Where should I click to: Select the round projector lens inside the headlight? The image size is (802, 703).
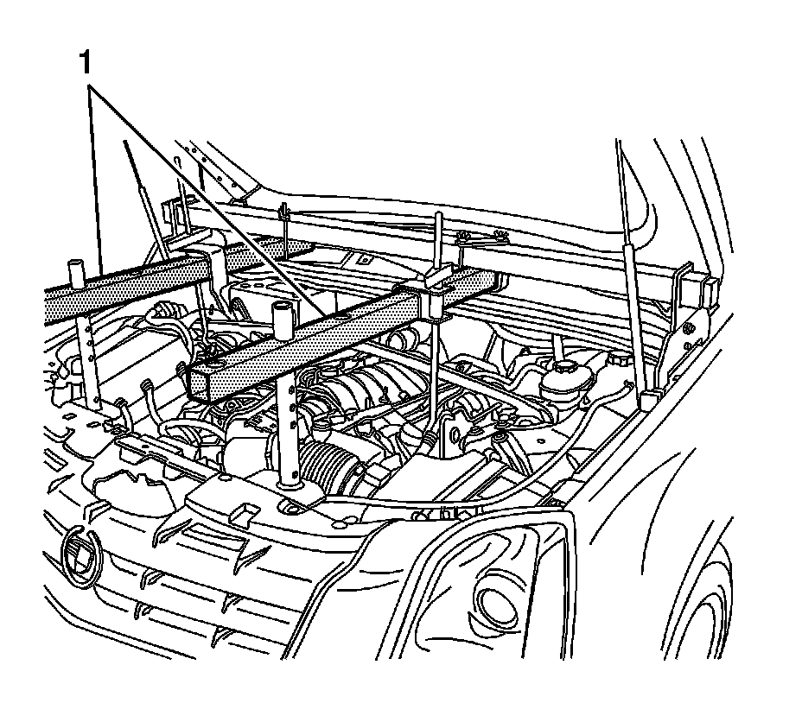point(493,601)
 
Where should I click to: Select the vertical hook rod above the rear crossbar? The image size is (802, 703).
point(438,238)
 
